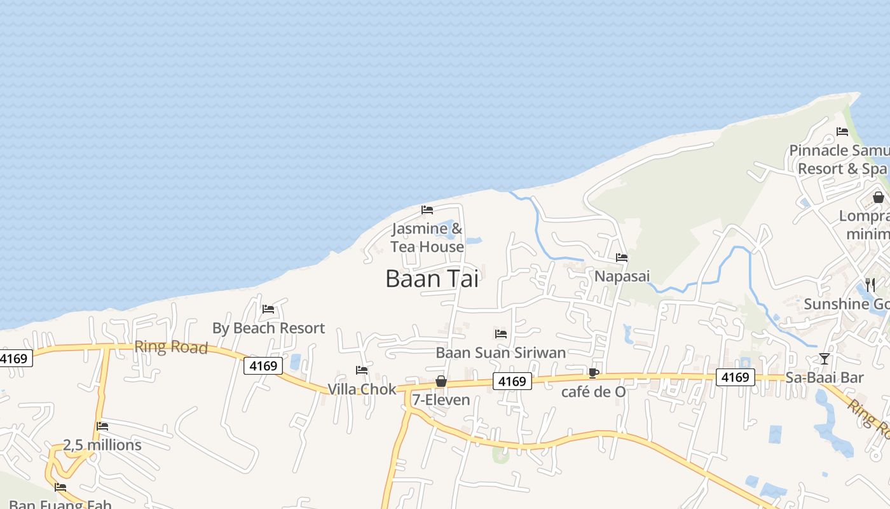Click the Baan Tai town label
coord(432,279)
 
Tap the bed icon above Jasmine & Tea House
coord(427,209)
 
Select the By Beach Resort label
coord(268,328)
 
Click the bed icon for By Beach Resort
coord(268,309)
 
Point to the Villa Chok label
coord(362,389)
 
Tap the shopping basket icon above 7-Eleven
coord(441,381)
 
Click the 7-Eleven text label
coord(441,400)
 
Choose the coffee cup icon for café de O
coord(593,373)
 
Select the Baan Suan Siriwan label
coord(500,352)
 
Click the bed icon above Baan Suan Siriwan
coord(501,333)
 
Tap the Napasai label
coord(622,276)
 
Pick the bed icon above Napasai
coord(622,258)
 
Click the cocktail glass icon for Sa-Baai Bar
coord(825,359)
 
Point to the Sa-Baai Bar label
coord(825,377)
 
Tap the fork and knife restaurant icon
coord(870,284)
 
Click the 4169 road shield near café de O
coord(512,381)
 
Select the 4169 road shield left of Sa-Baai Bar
coord(736,377)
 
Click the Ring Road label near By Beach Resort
coord(171,347)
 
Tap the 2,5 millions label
coord(102,445)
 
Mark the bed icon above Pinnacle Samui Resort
coord(842,132)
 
